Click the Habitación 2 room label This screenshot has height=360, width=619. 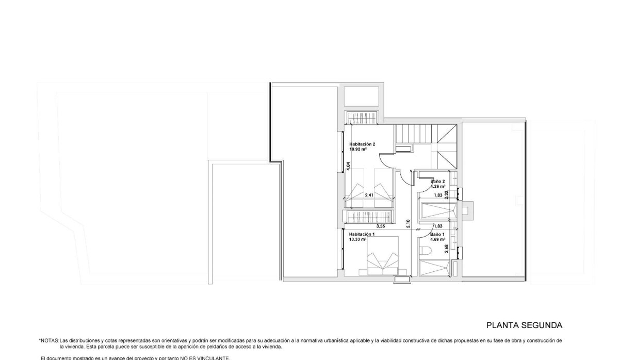click(362, 144)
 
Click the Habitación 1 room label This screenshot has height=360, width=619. click(362, 234)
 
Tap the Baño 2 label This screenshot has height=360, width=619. click(438, 182)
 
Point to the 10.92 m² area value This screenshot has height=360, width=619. click(358, 149)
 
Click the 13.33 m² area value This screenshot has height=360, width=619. click(358, 239)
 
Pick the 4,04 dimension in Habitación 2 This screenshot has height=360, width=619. click(348, 166)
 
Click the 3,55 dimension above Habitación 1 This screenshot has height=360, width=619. click(381, 226)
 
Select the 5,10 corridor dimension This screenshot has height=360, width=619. click(409, 223)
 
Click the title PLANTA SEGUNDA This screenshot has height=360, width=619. click(524, 325)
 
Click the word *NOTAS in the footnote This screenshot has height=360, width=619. click(49, 341)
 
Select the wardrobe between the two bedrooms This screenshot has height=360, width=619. click(368, 217)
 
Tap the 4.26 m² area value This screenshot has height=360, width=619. click(438, 187)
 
